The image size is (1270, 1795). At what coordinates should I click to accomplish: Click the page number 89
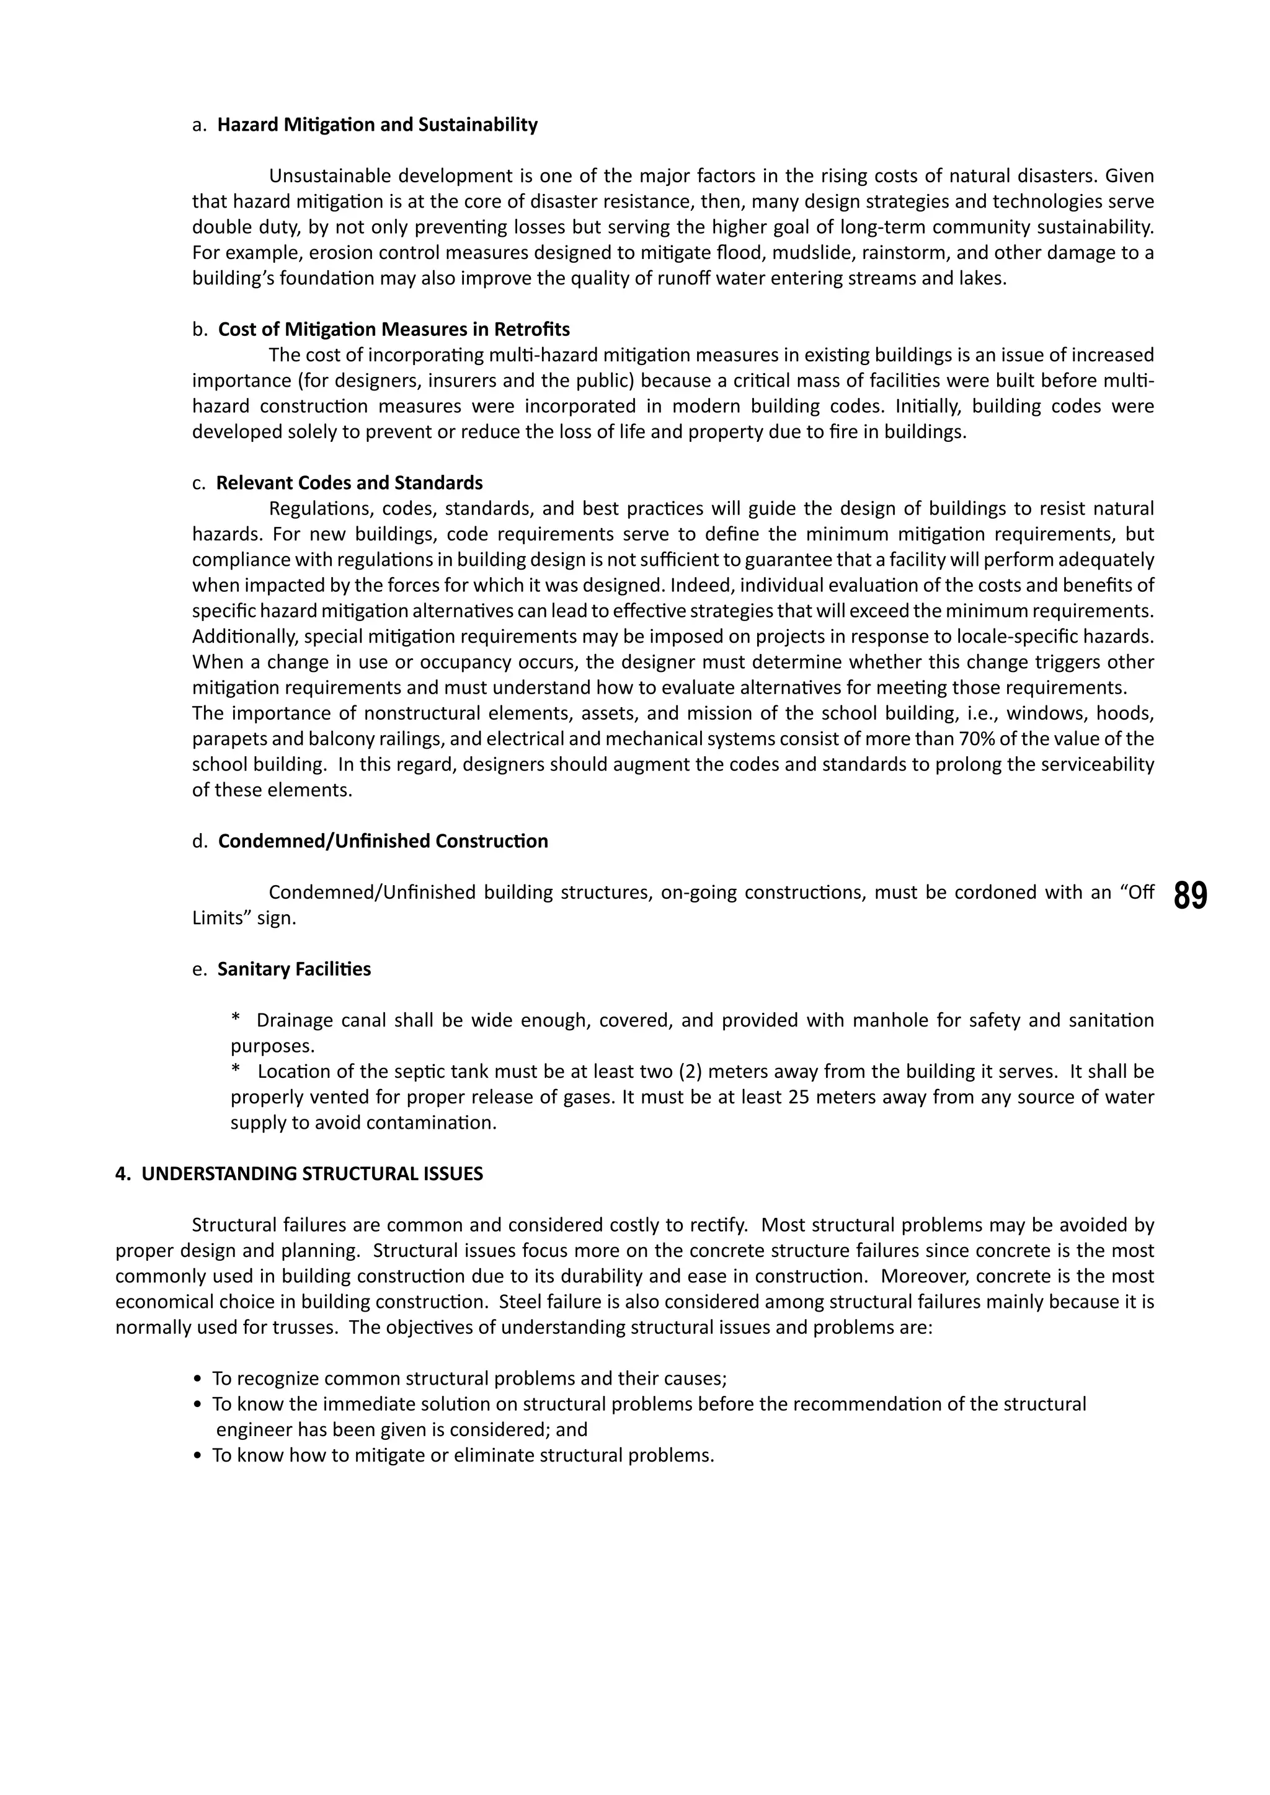(1190, 896)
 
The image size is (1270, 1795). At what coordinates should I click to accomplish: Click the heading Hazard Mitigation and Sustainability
(377, 125)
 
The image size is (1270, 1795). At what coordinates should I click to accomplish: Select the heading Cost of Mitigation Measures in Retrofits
(393, 329)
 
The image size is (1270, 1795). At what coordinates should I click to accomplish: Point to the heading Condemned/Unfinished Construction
(383, 841)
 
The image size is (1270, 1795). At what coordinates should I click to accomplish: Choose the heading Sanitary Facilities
(294, 969)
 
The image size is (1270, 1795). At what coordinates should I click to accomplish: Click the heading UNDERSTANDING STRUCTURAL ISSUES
(312, 1175)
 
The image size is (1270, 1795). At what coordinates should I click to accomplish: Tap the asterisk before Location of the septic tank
(236, 1072)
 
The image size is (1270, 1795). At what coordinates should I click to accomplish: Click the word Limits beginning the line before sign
(218, 919)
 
